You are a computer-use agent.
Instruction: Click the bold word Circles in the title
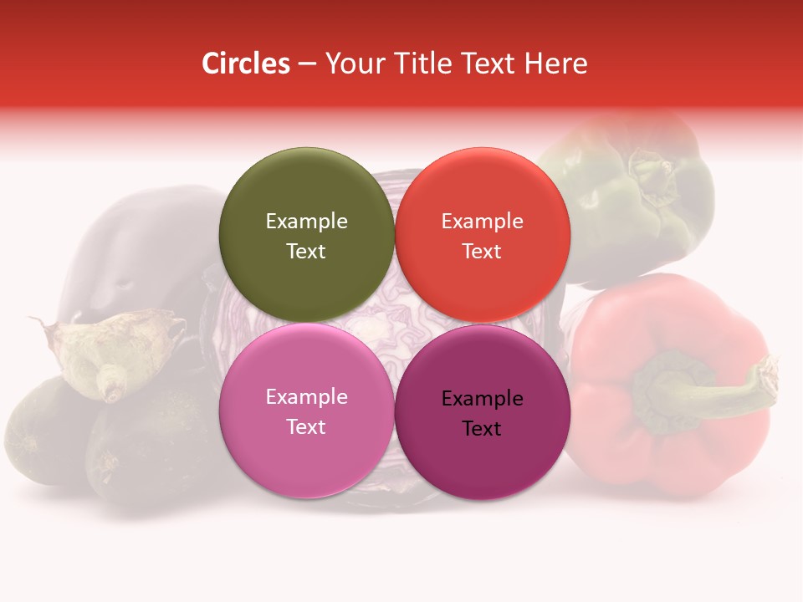pyautogui.click(x=246, y=64)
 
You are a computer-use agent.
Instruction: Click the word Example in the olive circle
pyautogui.click(x=306, y=222)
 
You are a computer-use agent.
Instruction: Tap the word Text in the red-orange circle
pyautogui.click(x=482, y=252)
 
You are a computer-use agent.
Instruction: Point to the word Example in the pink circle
pyautogui.click(x=306, y=397)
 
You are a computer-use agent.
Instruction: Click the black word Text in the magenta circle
pyautogui.click(x=482, y=429)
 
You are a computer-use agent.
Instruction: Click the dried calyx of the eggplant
pyautogui.click(x=117, y=351)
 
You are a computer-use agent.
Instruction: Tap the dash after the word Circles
pyautogui.click(x=306, y=64)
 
